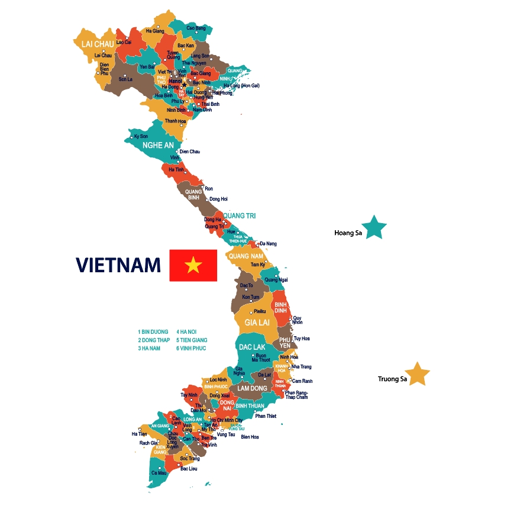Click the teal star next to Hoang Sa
coord(374,228)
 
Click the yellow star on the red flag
coord(193,266)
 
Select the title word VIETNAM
coord(118,265)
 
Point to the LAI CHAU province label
coord(93,43)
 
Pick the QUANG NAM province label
coord(246,256)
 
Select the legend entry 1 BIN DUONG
coord(153,332)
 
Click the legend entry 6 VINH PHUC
coord(192,349)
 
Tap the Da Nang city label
coord(268,244)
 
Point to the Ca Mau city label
coord(159,473)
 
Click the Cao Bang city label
coord(196,28)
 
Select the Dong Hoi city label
coord(218,199)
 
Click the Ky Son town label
coord(141,136)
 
